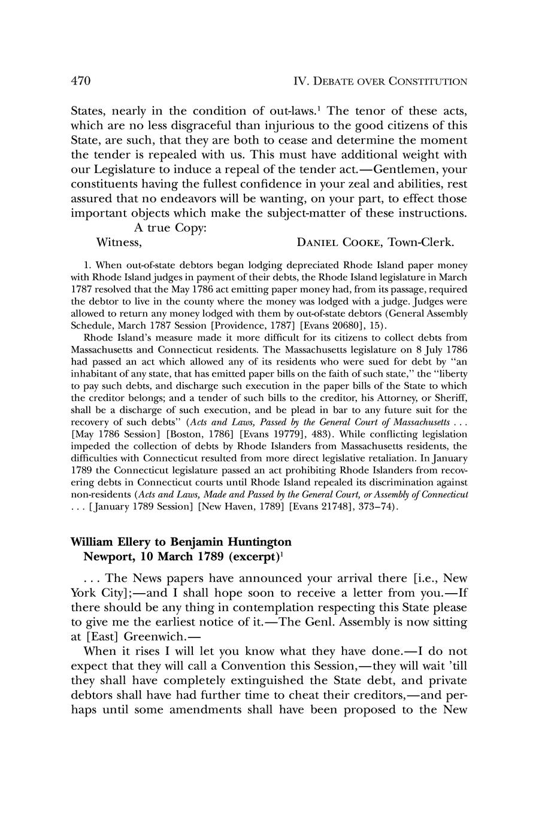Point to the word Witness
coord(119,242)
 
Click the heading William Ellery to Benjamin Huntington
coord(181,542)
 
